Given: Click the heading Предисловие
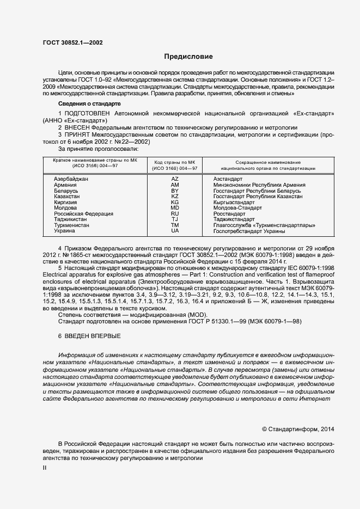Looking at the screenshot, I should [x=189, y=57].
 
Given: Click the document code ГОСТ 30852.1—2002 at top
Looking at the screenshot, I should [x=72, y=42].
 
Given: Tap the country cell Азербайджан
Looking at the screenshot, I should [x=71, y=179].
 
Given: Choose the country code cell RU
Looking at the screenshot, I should [x=175, y=214].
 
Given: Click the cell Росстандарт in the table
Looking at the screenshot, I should [x=231, y=214].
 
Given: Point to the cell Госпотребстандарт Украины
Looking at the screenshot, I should [x=249, y=231].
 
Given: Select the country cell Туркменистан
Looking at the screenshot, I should [x=73, y=225].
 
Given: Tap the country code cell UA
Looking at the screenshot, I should [x=175, y=231].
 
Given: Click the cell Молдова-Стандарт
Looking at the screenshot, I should [x=237, y=208].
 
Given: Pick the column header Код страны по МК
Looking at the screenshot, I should [x=175, y=162].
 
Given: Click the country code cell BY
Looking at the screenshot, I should [x=175, y=191].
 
